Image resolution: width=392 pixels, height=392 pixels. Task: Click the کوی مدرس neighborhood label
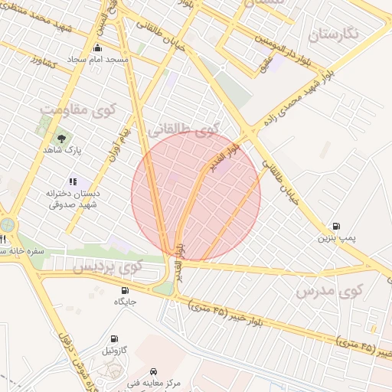coord(328,292)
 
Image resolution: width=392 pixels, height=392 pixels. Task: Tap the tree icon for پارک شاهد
coord(60,138)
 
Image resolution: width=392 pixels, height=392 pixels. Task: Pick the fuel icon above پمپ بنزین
coord(336,226)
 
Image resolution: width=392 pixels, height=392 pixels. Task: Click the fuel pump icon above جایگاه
coord(126,290)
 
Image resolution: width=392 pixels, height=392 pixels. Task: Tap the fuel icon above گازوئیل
coord(115,338)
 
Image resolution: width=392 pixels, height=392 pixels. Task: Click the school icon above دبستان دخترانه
coord(73,182)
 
